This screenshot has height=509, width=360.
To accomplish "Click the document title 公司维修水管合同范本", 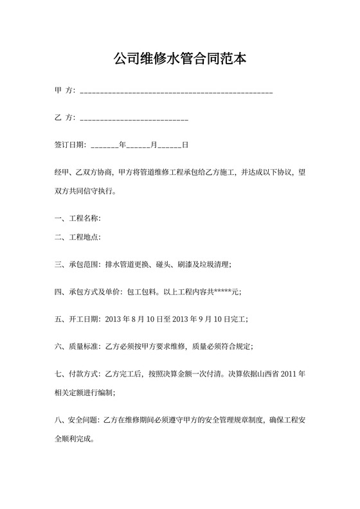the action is point(180,59).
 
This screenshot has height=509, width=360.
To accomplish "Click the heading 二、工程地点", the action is point(76,237).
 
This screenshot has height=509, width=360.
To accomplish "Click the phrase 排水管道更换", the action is point(130,264).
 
